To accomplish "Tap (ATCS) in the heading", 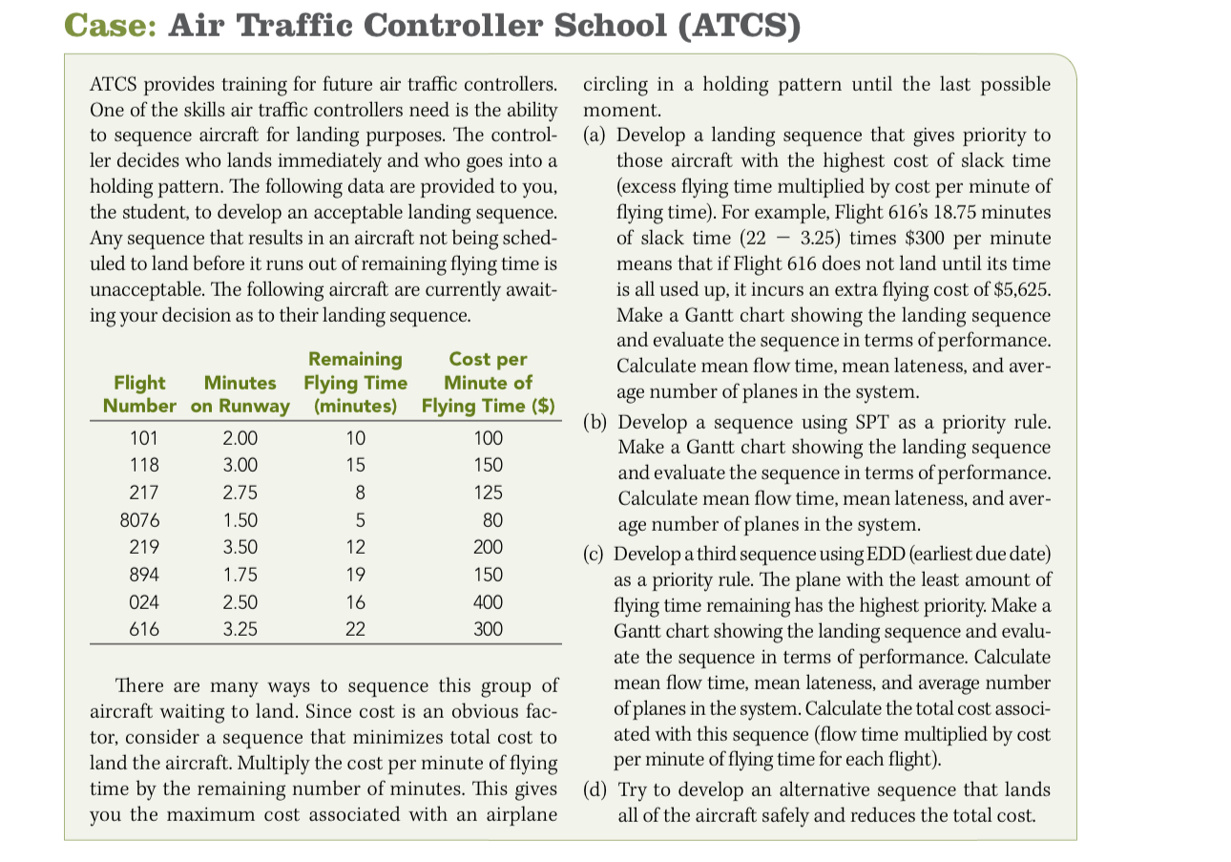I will point(735,26).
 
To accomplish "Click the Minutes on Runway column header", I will point(240,393).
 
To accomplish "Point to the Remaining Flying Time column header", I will point(355,382).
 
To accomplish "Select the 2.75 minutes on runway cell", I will point(240,494).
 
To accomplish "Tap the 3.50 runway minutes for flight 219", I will point(240,548).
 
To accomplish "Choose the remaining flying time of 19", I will point(355,576).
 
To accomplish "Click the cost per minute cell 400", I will point(488,602).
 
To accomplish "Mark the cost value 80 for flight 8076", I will point(488,521).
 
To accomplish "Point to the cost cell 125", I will point(488,494).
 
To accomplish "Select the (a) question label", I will point(594,135).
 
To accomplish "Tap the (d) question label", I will point(594,789).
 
